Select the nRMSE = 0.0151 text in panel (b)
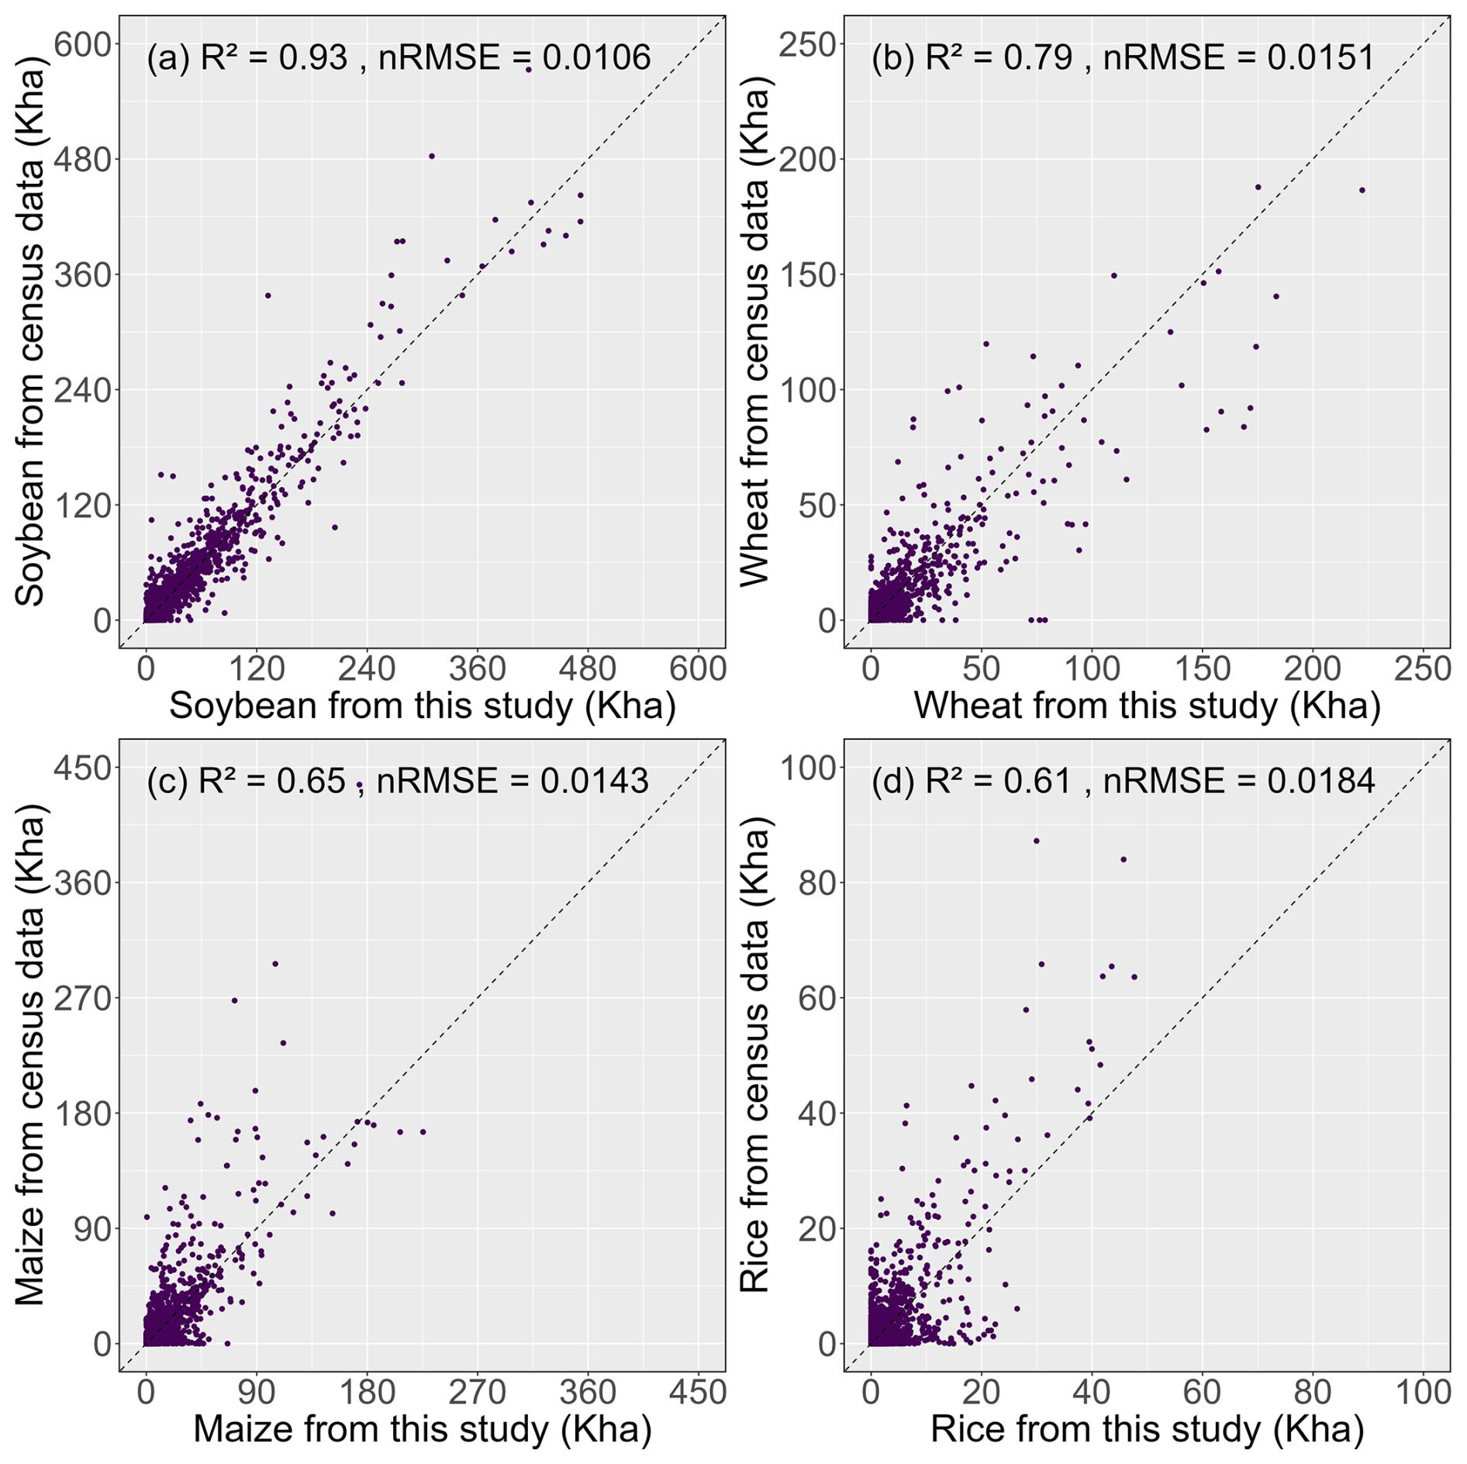click(1238, 58)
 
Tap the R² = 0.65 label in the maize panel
click(271, 781)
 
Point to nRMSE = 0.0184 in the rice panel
click(1238, 781)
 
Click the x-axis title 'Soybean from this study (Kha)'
click(423, 706)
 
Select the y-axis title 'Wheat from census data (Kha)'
click(755, 332)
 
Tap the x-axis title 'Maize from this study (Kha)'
click(423, 1428)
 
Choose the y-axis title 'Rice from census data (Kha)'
click(755, 1055)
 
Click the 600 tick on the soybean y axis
click(83, 44)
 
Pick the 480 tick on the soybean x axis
click(588, 668)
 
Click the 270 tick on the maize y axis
click(83, 998)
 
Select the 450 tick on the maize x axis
click(698, 1392)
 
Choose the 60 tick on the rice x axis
click(1202, 1392)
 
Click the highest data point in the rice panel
click(1036, 841)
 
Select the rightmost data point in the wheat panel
click(1362, 190)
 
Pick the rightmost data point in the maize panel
click(423, 1131)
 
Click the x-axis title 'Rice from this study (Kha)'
click(1148, 1428)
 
